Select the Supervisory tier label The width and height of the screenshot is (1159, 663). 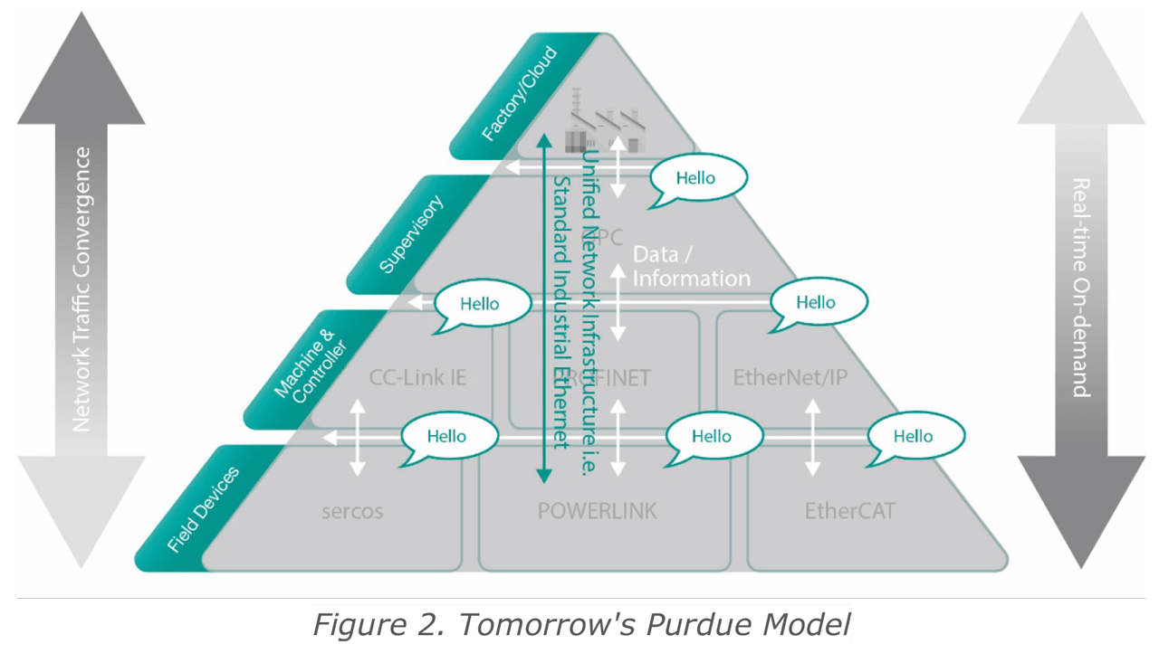point(412,233)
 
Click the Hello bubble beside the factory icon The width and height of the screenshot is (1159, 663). point(698,177)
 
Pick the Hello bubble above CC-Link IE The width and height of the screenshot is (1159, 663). point(481,304)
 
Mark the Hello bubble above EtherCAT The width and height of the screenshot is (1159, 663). point(914,437)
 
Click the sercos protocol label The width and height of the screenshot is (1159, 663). point(352,511)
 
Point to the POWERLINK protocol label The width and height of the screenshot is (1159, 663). point(597,511)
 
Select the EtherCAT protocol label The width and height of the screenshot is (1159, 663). point(849,511)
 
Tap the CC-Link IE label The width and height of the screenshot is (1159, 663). point(418,377)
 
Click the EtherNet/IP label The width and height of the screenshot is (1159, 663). point(790,377)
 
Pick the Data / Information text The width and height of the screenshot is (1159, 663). point(691,266)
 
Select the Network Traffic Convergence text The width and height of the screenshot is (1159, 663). point(81,289)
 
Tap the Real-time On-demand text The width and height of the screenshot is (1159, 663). point(1080,288)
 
